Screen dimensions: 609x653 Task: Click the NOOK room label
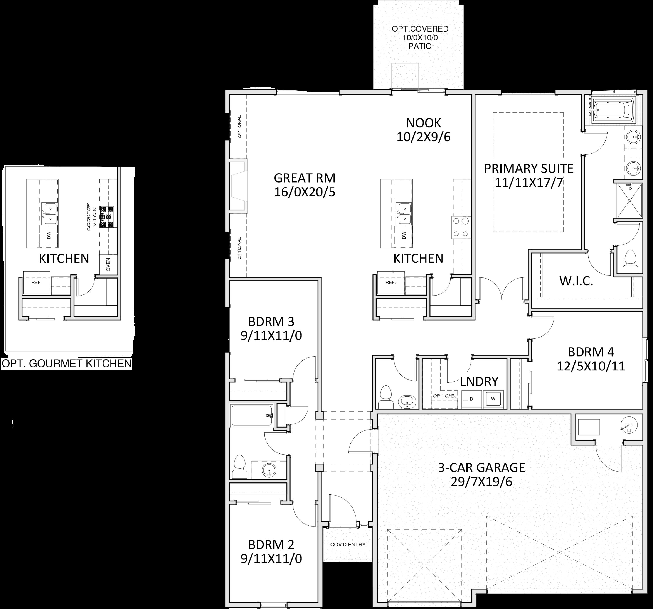pyautogui.click(x=423, y=123)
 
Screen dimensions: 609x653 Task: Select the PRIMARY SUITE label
pyautogui.click(x=528, y=168)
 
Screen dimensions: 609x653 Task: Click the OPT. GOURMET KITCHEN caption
pyautogui.click(x=67, y=364)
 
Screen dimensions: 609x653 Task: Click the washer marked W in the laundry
pyautogui.click(x=493, y=399)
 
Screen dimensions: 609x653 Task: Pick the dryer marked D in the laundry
pyautogui.click(x=471, y=399)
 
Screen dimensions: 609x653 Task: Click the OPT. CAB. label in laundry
pyautogui.click(x=444, y=396)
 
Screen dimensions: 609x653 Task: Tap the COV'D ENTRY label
pyautogui.click(x=348, y=545)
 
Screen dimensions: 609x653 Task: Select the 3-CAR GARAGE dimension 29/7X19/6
pyautogui.click(x=481, y=482)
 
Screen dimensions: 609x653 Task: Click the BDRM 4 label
pyautogui.click(x=591, y=352)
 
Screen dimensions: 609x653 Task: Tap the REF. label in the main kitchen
pyautogui.click(x=390, y=282)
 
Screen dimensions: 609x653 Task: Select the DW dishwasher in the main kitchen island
pyautogui.click(x=404, y=235)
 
